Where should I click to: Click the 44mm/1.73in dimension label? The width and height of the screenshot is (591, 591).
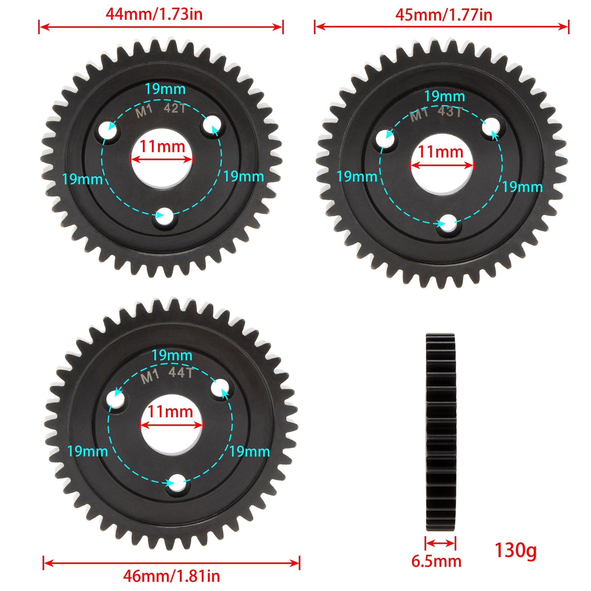[154, 14]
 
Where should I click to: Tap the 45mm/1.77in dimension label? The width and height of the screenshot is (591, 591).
[444, 15]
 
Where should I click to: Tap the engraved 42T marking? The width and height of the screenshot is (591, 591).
[175, 108]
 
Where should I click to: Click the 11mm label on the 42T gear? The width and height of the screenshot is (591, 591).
[162, 147]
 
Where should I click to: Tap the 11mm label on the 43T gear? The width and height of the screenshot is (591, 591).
[440, 152]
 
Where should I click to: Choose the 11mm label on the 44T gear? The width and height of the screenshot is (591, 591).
[170, 412]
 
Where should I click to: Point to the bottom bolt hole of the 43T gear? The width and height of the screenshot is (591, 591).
[449, 224]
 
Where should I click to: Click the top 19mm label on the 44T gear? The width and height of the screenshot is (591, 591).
[172, 356]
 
